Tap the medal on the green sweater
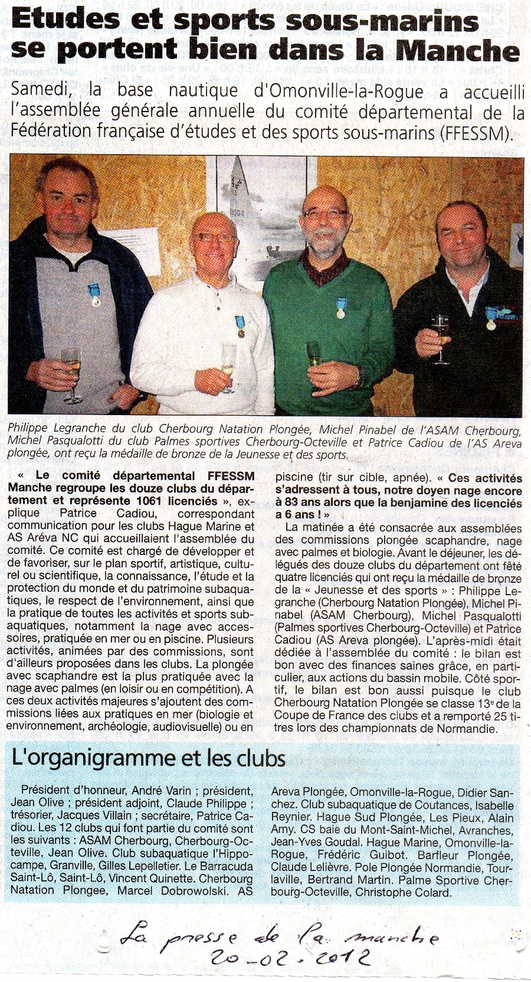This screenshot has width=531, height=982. point(340,308)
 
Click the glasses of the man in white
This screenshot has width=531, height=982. point(213,237)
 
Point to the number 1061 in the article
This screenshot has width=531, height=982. point(176,501)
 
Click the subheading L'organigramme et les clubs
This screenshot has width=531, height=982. point(149,758)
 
